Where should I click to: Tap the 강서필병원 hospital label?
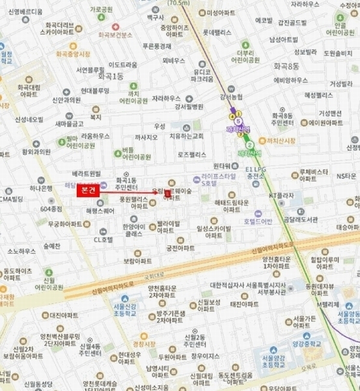point(189,107)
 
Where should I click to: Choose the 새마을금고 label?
point(69,123)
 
